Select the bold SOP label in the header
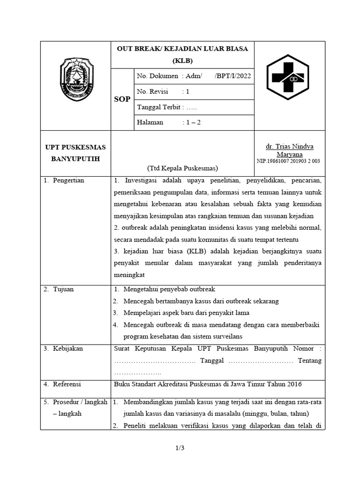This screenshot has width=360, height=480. [x=122, y=99]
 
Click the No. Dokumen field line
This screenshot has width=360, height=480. [x=194, y=76]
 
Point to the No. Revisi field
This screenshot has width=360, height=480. [x=163, y=91]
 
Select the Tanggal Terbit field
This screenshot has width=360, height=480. [x=167, y=107]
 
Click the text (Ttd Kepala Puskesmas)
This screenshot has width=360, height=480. [x=182, y=168]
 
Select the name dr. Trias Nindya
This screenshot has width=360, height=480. [x=289, y=146]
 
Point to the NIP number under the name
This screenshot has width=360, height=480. [x=288, y=161]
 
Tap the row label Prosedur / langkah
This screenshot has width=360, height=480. [x=80, y=402]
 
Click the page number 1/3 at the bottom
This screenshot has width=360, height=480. [x=180, y=449]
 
